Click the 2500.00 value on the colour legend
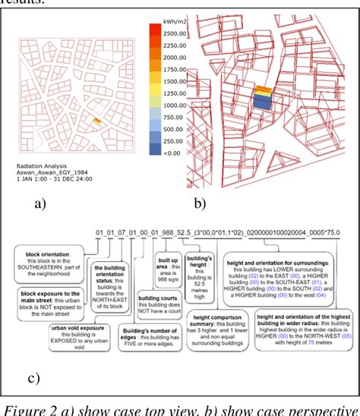pos(174,33)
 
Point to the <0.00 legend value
pos(170,153)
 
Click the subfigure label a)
pos(39,203)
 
